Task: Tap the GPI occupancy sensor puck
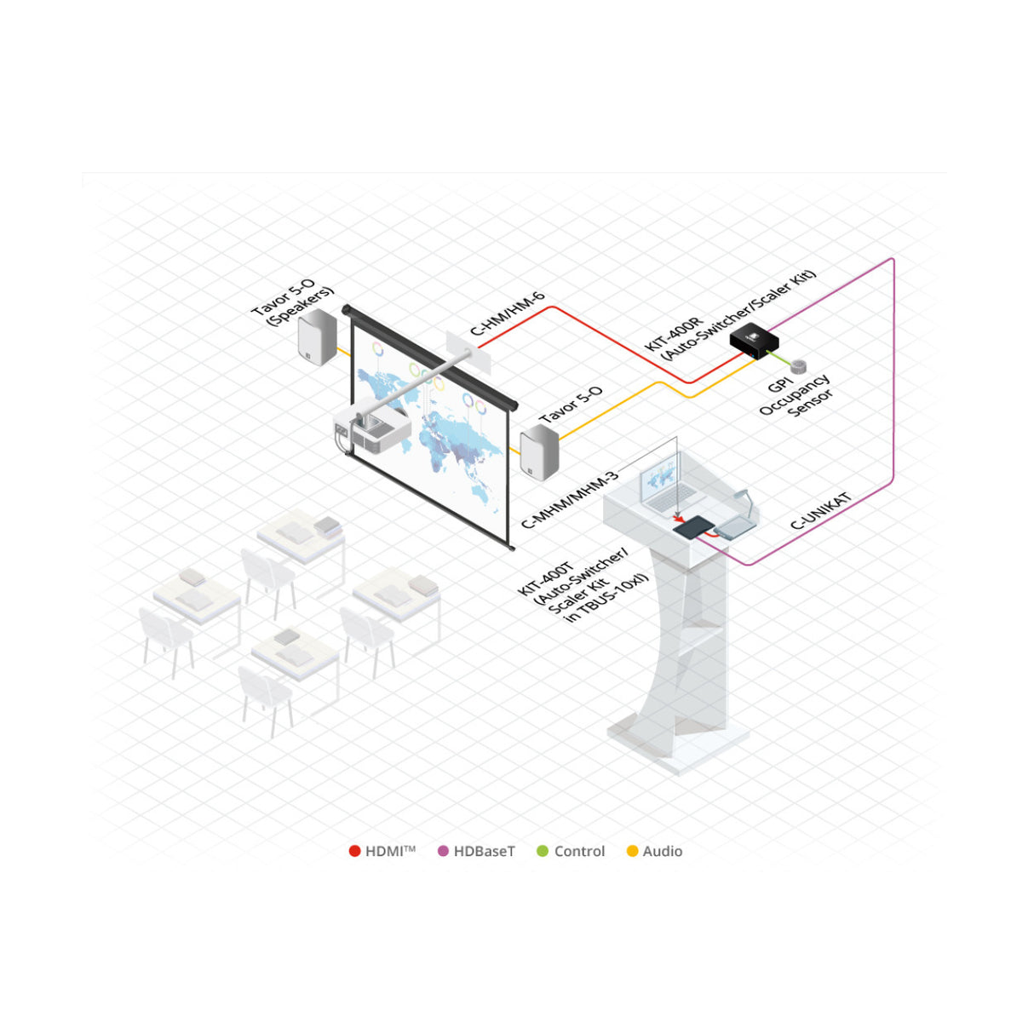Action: [799, 366]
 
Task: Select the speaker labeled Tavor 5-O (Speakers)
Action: [317, 336]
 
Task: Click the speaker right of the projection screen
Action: [539, 451]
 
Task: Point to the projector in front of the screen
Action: [372, 430]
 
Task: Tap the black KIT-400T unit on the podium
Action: [694, 529]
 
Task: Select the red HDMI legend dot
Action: [354, 852]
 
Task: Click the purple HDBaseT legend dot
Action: [443, 852]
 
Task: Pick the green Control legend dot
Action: [543, 852]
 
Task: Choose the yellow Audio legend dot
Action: [633, 852]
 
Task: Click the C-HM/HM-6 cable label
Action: [507, 314]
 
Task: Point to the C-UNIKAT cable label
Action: [821, 511]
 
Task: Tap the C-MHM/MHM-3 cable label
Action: [569, 499]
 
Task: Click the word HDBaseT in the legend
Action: [484, 852]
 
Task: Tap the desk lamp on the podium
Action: [746, 503]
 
